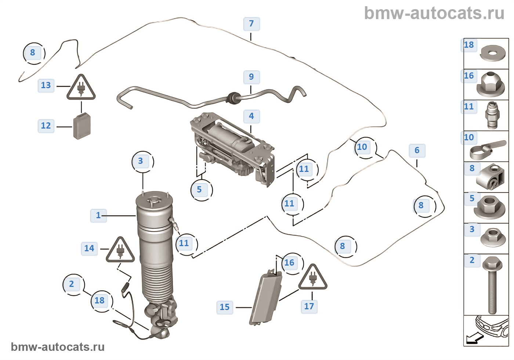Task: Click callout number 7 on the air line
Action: point(251,24)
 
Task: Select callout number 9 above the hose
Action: point(251,77)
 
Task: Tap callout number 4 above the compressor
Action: point(251,116)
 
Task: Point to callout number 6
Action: point(417,150)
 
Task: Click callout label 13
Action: point(46,86)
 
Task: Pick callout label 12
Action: point(46,126)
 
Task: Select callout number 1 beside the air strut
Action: point(98,215)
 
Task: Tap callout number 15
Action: point(225,307)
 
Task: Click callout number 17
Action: point(309,306)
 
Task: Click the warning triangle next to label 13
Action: point(81,88)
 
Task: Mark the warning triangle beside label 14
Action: point(120,251)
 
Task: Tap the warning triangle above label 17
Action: point(312,278)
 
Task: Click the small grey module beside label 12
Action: point(82,126)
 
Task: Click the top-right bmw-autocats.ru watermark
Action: point(434,14)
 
